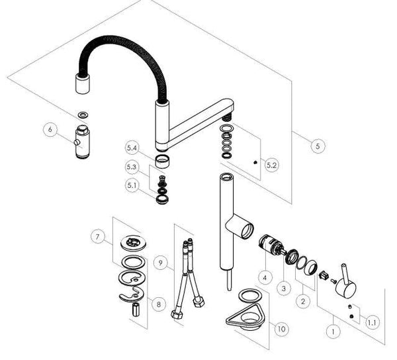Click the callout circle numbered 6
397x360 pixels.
coord(50,130)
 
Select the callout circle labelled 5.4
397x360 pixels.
coord(132,148)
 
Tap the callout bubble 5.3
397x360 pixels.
coord(132,167)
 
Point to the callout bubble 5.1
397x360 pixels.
coord(132,185)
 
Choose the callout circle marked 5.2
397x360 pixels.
coord(271,165)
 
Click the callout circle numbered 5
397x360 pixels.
coord(318,146)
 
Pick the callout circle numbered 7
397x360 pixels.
coord(98,237)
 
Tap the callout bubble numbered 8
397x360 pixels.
coord(159,304)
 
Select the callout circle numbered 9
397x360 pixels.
coord(161,263)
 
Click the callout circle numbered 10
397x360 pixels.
coord(282,329)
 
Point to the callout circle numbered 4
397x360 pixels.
coord(265,278)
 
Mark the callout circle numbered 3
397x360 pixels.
coord(284,288)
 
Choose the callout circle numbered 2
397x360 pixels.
coord(303,301)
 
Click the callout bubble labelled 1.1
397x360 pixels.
coord(372,322)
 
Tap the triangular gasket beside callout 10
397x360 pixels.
coord(245,318)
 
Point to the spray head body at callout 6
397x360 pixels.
coord(81,142)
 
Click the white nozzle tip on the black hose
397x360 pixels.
coord(83,84)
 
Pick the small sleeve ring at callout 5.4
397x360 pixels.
coord(162,162)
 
